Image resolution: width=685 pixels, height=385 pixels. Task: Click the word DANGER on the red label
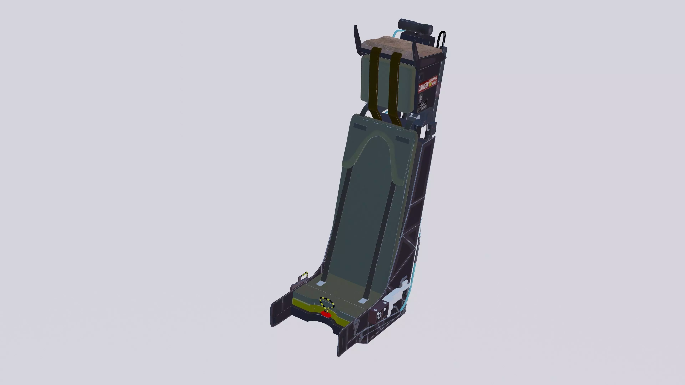click(x=423, y=87)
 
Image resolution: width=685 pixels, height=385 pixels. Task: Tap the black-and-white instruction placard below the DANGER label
click(x=422, y=102)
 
